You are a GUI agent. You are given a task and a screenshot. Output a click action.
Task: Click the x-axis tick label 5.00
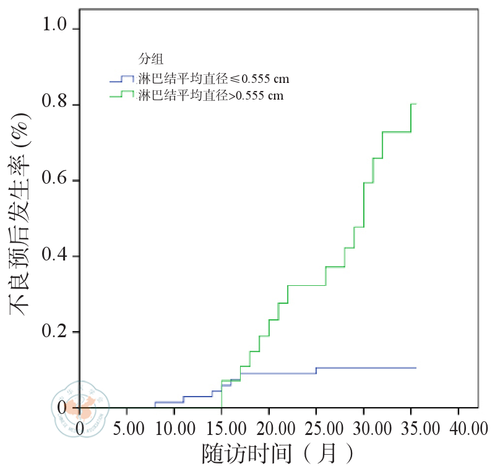coord(127,428)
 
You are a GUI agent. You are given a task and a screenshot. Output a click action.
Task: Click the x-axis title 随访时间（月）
coord(278,454)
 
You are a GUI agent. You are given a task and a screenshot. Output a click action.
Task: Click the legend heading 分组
coord(152,59)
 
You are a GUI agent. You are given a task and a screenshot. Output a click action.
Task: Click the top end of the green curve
coord(413,104)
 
